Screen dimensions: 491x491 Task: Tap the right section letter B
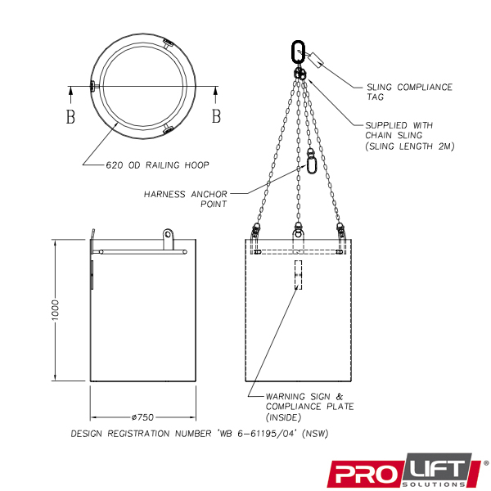coord(216,116)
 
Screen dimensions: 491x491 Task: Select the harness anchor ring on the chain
coord(311,164)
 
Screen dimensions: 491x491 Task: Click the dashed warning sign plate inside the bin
coord(298,275)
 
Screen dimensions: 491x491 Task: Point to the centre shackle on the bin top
coord(298,232)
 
